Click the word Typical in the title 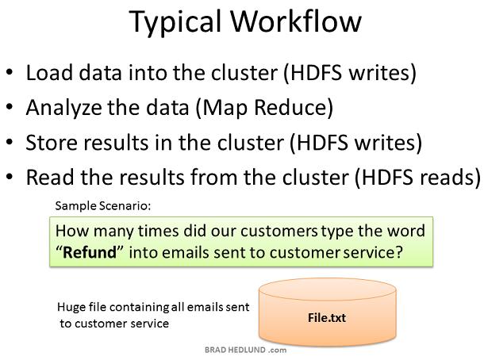coord(175,22)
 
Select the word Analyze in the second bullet coord(63,109)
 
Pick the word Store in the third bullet coord(51,143)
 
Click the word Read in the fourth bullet coord(50,178)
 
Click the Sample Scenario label coord(103,205)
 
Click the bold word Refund coord(90,252)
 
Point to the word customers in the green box coord(279,231)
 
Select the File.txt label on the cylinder coord(327,318)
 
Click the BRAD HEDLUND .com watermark coord(245,350)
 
